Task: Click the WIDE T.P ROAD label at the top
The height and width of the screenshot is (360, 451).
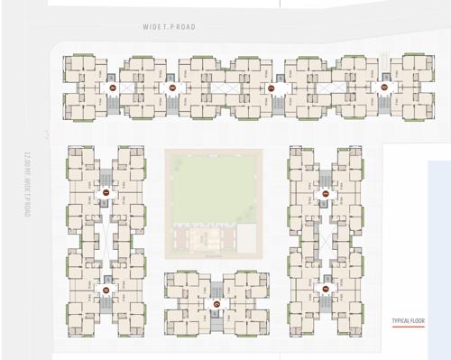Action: (x=169, y=27)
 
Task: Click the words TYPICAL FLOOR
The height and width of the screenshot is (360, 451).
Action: (x=408, y=321)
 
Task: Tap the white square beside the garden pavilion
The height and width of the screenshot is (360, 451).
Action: (x=245, y=237)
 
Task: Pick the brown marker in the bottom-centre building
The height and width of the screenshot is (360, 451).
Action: (x=216, y=303)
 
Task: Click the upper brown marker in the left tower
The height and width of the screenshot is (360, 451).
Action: (x=106, y=193)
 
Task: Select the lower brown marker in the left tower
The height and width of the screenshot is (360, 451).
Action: (x=106, y=290)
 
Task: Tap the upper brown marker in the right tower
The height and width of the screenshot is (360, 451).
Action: (x=326, y=193)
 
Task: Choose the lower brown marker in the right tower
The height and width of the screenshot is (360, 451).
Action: (x=326, y=289)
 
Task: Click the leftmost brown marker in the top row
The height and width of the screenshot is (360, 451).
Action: (x=113, y=88)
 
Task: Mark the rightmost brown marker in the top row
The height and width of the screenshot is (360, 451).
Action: (x=384, y=88)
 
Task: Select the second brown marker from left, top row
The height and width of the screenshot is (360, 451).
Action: (x=171, y=88)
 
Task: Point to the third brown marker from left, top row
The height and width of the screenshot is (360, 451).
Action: (x=271, y=88)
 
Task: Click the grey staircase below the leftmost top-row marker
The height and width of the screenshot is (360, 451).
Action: (x=113, y=103)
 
